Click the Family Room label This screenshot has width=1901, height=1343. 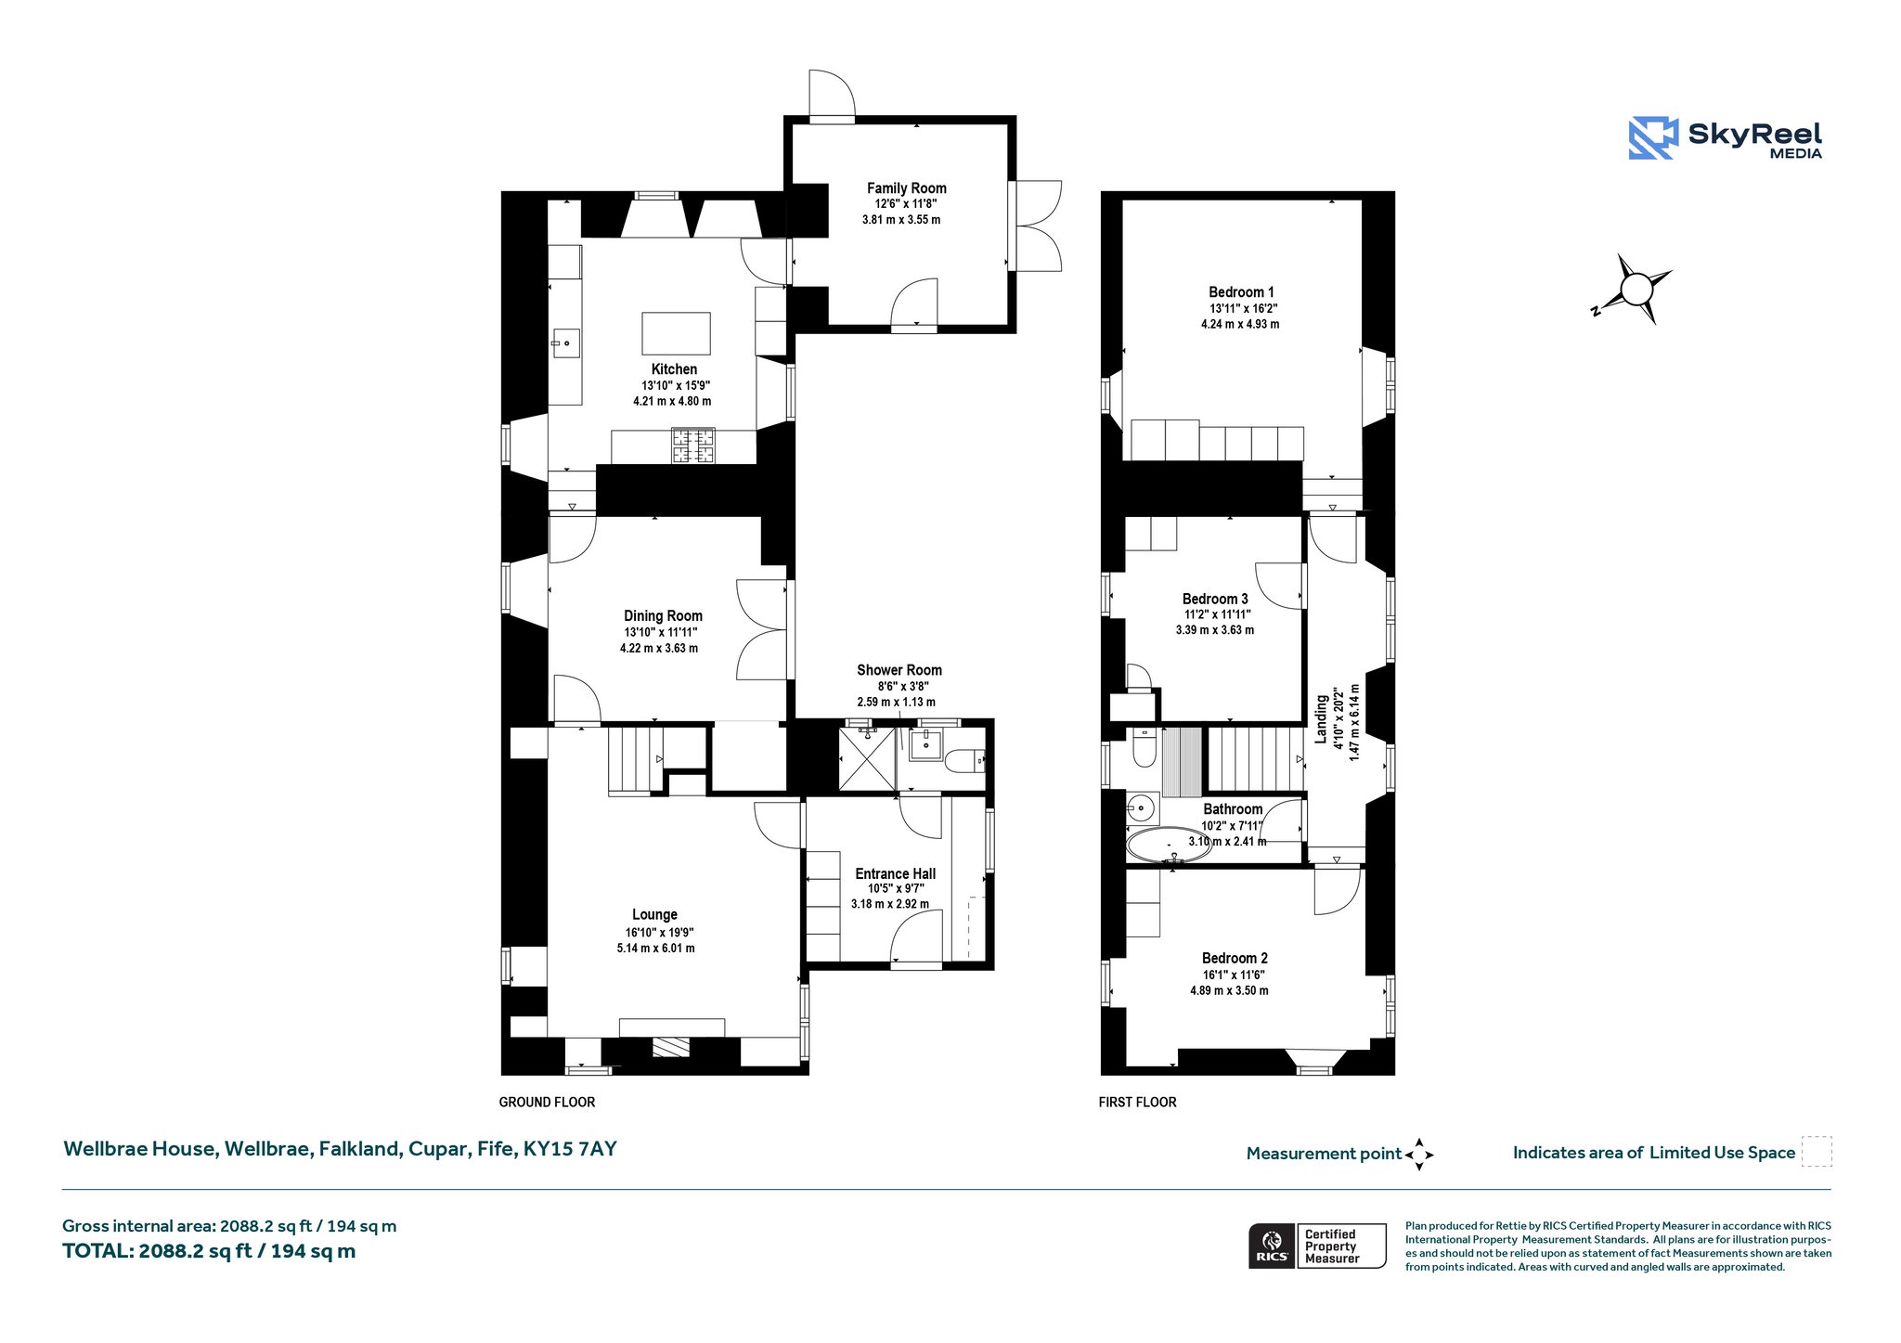906,188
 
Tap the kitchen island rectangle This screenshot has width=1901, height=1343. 676,333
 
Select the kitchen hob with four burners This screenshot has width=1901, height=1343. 693,446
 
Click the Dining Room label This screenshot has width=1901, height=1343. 663,616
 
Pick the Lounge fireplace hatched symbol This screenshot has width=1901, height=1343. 671,1047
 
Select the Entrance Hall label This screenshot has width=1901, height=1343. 895,873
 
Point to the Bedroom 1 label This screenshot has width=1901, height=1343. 1241,292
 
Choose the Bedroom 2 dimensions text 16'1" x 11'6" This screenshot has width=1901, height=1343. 1234,975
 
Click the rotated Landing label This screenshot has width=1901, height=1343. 1321,718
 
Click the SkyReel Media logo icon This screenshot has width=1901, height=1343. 1653,138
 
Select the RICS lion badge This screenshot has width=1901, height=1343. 1272,1246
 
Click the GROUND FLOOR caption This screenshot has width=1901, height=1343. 547,1103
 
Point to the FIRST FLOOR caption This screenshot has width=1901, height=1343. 1137,1103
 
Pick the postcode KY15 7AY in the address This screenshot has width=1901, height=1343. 570,1149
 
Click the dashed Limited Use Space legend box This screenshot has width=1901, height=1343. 1817,1152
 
